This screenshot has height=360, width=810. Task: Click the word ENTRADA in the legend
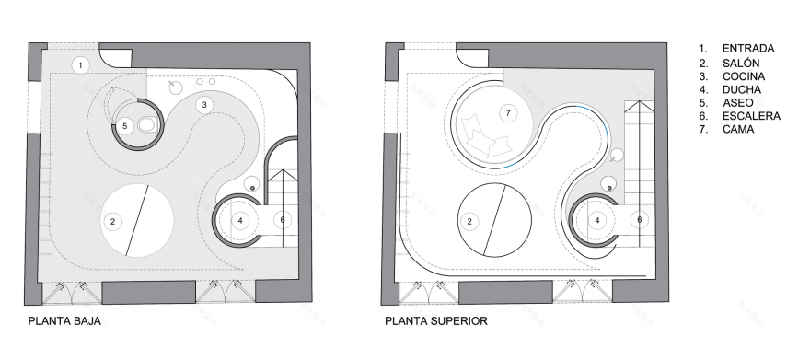[x=748, y=49]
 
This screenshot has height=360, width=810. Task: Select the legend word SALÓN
[x=741, y=63]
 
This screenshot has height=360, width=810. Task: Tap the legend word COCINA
[x=744, y=76]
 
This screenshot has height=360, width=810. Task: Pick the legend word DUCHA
[x=741, y=90]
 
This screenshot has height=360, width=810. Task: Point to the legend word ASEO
[x=737, y=103]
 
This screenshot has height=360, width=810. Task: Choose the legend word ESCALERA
[x=751, y=116]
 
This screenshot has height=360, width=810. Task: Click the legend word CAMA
[x=738, y=129]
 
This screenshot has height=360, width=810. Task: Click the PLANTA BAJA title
[x=64, y=321]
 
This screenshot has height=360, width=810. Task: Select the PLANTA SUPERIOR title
[x=436, y=321]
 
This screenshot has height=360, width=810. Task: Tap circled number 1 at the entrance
[x=80, y=65]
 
